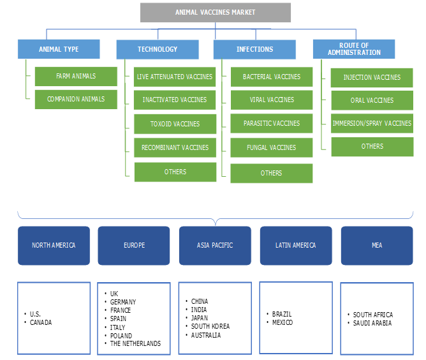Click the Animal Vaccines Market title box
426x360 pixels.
coord(216,12)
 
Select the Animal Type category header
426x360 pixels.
coord(59,49)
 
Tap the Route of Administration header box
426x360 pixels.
coord(354,49)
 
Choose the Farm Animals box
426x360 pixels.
coord(76,77)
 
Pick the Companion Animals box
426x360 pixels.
coord(76,100)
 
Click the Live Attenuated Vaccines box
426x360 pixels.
coord(175,77)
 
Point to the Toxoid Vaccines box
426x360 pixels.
coord(175,124)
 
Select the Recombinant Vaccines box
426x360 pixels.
coord(175,147)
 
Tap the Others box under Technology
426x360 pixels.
coord(175,172)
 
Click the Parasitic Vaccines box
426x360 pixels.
coord(272,123)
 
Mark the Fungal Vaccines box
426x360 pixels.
coord(272,147)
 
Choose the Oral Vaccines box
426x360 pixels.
coord(372,100)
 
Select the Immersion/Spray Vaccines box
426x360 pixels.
coord(372,123)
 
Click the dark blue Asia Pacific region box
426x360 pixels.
coord(216,245)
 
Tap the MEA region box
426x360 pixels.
coord(376,245)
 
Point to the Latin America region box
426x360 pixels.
coord(295,245)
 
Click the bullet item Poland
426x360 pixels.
coord(121,335)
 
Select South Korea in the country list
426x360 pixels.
coord(210,326)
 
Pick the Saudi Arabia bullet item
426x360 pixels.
coord(373,323)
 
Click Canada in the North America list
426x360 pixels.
coord(41,322)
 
